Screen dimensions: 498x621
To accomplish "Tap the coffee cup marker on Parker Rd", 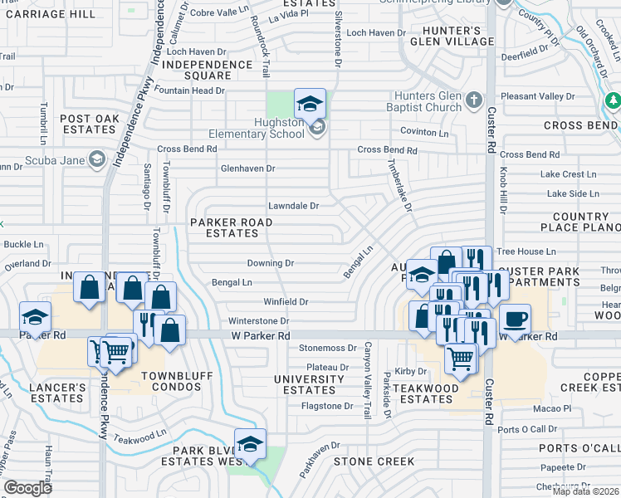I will tap(514, 320).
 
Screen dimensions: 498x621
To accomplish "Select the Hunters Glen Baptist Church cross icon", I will tap(473, 100).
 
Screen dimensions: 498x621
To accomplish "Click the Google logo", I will tap(28, 487).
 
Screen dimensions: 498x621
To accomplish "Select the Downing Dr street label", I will tap(271, 263).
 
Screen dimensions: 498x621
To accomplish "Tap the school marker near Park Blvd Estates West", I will tap(249, 444).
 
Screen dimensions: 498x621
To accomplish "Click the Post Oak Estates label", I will tap(90, 124).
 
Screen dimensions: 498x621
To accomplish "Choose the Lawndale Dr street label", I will tap(293, 206).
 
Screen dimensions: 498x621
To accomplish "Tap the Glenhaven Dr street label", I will tap(247, 168).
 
